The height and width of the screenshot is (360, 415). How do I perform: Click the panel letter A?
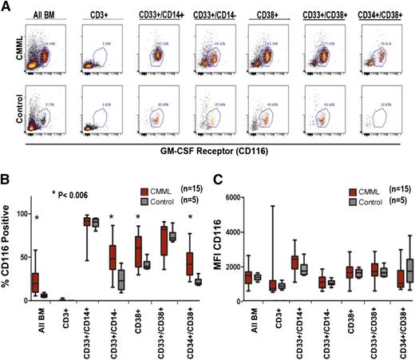[x=6, y=6]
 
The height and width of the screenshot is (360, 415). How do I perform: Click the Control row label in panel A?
[x=10, y=104]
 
